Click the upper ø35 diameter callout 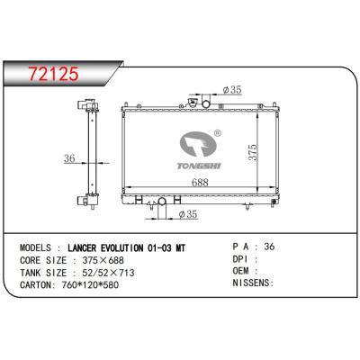coord(232,91)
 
